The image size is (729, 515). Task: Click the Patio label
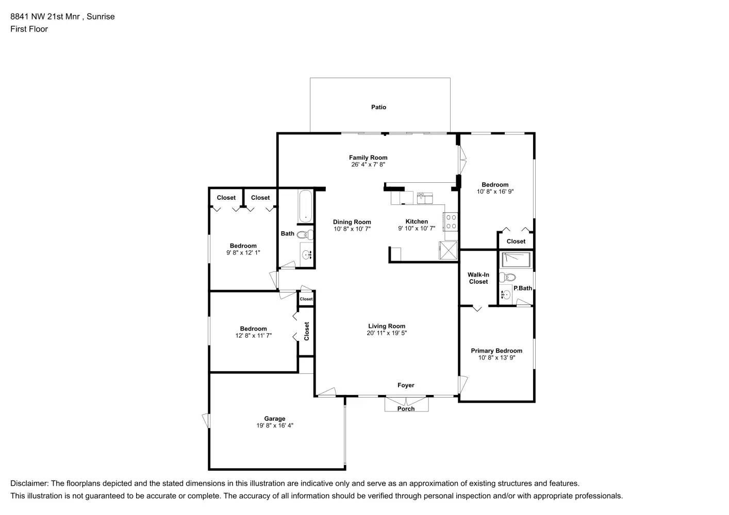378,107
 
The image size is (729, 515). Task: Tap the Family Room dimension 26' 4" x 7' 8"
368,165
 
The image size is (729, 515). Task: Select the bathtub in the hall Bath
305,207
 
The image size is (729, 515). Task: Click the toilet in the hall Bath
305,235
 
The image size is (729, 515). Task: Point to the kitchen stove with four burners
451,221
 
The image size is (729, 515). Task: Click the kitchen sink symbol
425,198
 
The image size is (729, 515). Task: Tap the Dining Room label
352,222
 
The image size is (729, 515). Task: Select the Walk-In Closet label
478,278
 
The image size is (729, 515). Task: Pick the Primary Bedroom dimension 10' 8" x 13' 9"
496,357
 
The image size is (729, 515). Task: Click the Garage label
275,419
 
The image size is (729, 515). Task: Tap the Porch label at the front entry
406,409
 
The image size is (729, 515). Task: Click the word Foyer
406,385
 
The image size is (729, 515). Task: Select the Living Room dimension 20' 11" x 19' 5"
387,333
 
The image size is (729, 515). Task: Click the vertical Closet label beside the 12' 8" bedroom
307,331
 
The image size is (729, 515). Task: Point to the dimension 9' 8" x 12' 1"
243,252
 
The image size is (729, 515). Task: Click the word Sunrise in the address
101,16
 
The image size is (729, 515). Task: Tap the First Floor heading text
29,29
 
